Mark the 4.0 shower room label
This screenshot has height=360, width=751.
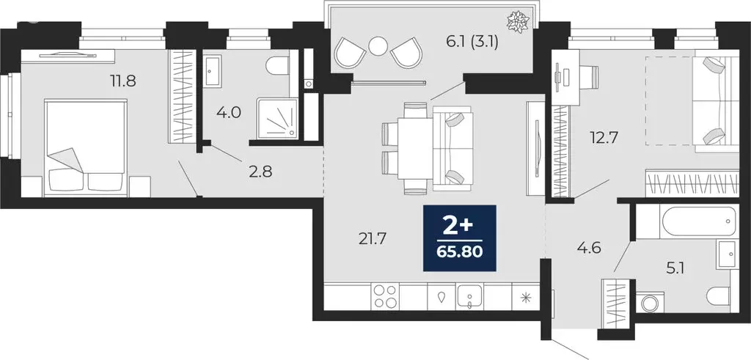(x=228, y=114)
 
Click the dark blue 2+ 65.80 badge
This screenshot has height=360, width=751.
(x=460, y=236)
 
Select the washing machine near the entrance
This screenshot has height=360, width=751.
(x=650, y=303)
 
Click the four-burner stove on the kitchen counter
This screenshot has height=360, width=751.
(x=387, y=298)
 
